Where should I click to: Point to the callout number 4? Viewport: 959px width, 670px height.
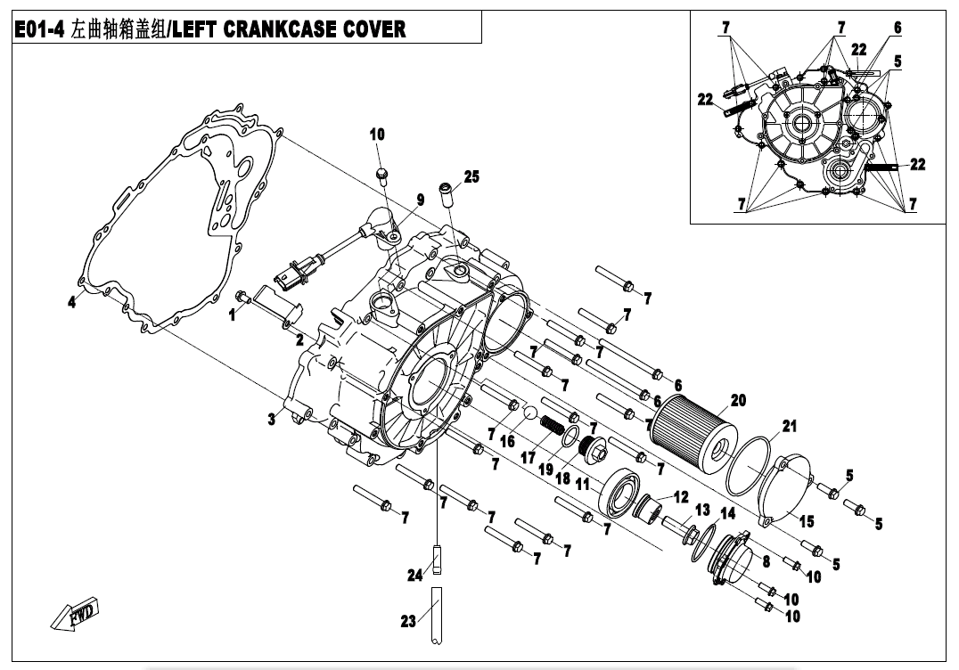72,302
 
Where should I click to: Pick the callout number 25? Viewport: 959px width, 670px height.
471,177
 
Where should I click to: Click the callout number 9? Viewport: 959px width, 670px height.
418,199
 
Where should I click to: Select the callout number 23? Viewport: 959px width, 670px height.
408,621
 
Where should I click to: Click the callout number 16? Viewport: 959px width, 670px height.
508,440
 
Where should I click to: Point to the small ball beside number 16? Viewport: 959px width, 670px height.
528,413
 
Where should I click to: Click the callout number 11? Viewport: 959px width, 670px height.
582,485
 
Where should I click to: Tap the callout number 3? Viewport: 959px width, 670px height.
270,420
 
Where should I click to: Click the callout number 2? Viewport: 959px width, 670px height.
299,339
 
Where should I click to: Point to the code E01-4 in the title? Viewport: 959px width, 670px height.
42,29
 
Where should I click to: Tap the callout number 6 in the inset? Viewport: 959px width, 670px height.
898,28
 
